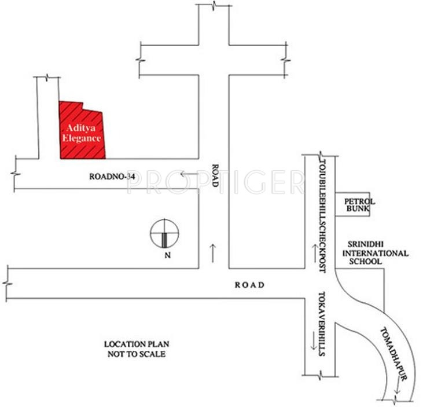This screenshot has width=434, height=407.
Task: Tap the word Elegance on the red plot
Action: pyautogui.click(x=82, y=139)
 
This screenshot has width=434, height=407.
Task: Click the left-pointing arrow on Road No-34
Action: pyautogui.click(x=188, y=174)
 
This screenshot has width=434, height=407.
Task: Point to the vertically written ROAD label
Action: pyautogui.click(x=214, y=173)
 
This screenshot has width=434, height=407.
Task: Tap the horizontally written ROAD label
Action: pyautogui.click(x=249, y=285)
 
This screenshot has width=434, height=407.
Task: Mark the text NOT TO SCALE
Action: pyautogui.click(x=135, y=353)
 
